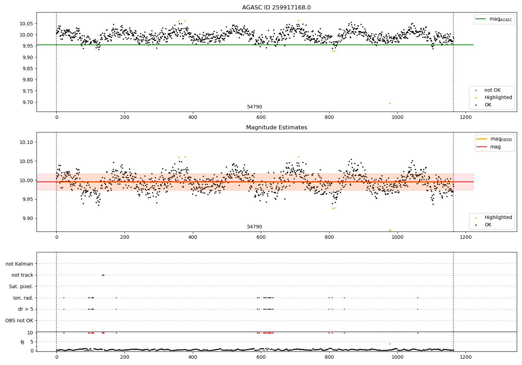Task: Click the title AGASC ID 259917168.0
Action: tap(276, 8)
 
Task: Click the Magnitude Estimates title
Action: tap(276, 128)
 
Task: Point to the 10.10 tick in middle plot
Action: tap(26, 142)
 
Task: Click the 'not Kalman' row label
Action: tap(19, 264)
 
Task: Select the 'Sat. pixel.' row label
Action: tap(21, 286)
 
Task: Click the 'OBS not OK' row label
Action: tap(19, 321)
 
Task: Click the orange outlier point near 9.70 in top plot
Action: tap(390, 103)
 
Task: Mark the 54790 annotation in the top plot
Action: tap(254, 107)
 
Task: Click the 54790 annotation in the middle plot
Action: tap(254, 227)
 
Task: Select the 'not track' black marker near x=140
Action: tap(103, 275)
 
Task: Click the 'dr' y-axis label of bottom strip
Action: tap(23, 342)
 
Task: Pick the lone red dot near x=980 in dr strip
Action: tap(390, 344)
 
